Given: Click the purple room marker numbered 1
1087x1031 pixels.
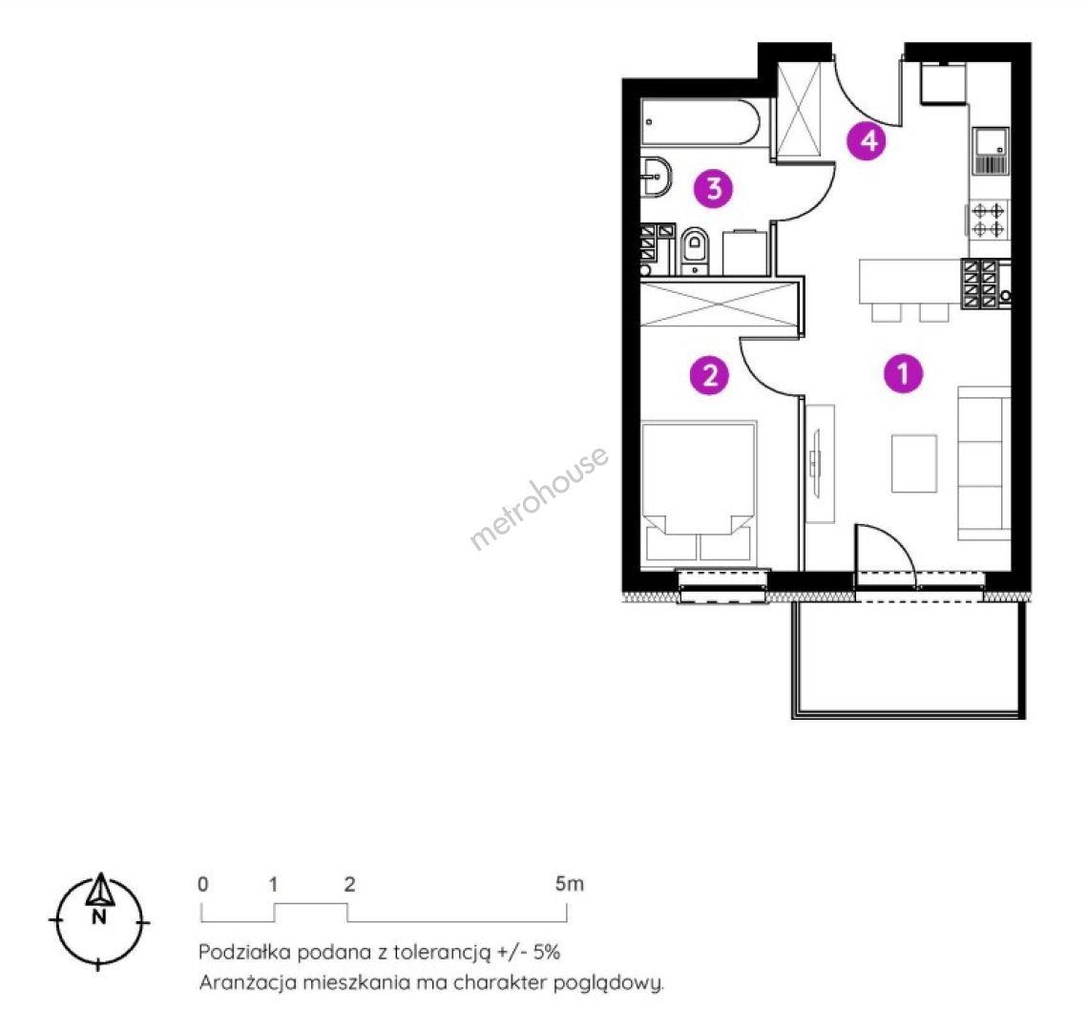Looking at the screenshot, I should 903,373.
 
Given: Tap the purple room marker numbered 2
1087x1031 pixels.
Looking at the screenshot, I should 709,375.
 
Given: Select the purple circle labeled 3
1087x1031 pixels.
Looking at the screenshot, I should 713,188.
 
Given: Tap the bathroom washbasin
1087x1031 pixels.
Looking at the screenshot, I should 657,177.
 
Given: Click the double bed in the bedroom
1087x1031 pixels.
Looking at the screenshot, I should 700,493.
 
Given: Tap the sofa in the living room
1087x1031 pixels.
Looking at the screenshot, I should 985,460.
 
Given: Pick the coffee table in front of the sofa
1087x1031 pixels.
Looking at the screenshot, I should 913,463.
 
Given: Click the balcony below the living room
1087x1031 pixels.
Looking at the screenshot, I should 908,659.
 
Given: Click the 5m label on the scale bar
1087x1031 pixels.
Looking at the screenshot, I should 569,884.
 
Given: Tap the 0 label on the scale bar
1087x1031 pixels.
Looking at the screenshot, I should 202,884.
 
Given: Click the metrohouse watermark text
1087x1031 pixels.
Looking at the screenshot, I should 539,497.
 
